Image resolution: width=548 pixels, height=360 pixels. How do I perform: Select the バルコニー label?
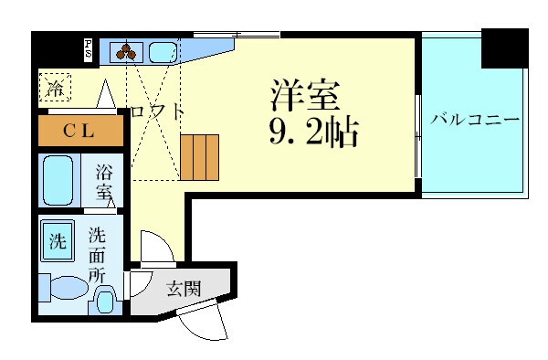(474, 119)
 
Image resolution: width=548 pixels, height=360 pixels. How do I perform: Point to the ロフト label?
(157, 112)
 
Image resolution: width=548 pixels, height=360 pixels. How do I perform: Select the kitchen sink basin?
(163, 50)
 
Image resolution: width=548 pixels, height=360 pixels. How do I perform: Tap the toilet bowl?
(64, 289)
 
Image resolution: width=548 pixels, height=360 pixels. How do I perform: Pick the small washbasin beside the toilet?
(105, 300)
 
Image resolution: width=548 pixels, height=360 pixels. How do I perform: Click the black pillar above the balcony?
(504, 48)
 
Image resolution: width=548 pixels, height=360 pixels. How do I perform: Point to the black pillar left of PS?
(57, 47)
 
